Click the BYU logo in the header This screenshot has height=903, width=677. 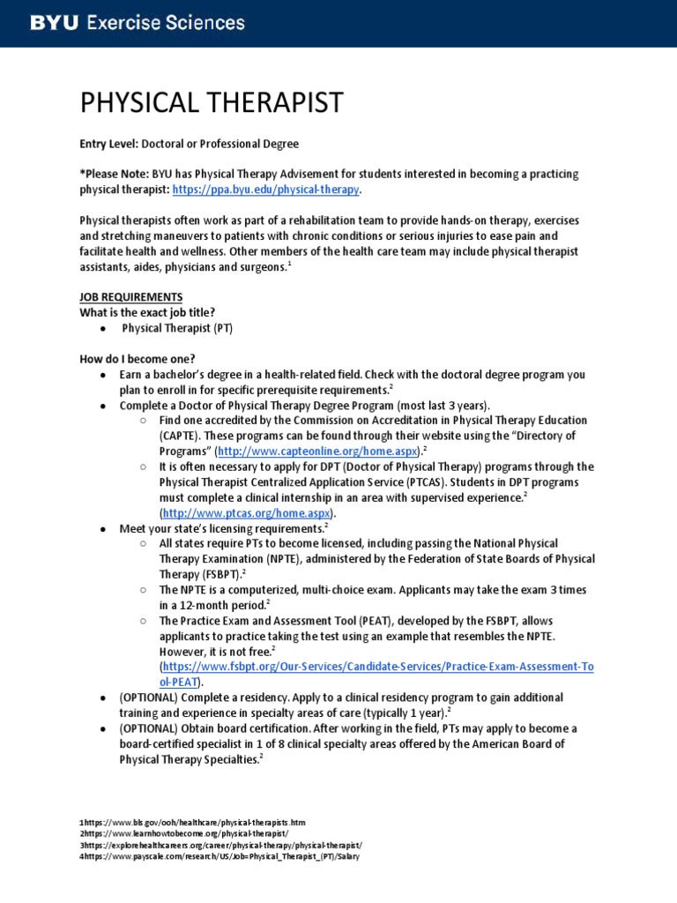pos(54,23)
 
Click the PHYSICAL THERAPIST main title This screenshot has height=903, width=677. pos(211,102)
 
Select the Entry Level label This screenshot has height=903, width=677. pos(109,143)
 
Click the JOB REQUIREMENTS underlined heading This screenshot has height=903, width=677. pos(131,297)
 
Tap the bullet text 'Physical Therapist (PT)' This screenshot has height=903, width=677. pos(177,328)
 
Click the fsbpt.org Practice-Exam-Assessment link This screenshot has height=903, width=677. pos(376,668)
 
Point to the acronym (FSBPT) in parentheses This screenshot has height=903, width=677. pos(217,575)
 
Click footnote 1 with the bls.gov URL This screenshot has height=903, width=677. pos(193,822)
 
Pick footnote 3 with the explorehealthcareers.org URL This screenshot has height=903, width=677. pos(221,844)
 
